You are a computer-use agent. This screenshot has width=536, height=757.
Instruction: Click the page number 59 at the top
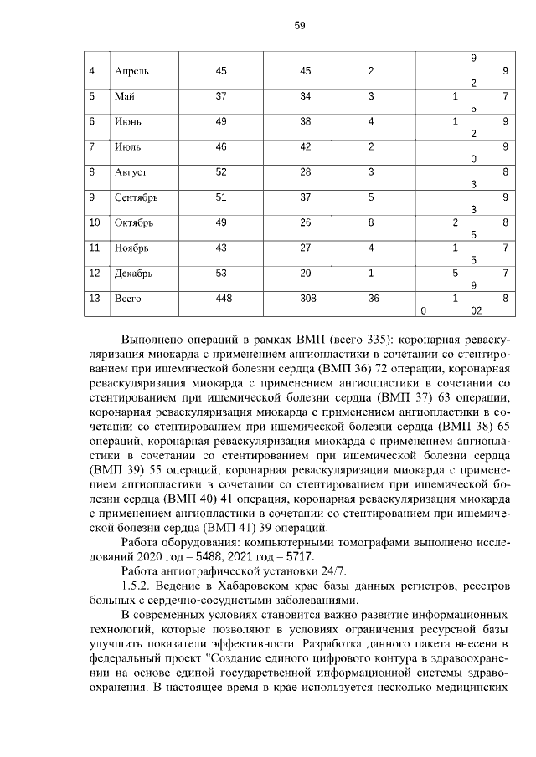coord(300,26)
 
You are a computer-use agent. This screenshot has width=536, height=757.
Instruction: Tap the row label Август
coord(130,172)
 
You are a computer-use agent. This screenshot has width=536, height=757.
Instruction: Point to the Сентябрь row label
coord(136,197)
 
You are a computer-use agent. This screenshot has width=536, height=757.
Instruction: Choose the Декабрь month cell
coord(133,273)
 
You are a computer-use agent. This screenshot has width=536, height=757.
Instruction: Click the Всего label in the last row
coord(127,298)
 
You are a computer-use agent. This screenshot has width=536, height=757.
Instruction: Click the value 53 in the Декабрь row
coord(221,273)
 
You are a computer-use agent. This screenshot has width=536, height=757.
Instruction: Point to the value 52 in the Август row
coord(221,172)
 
